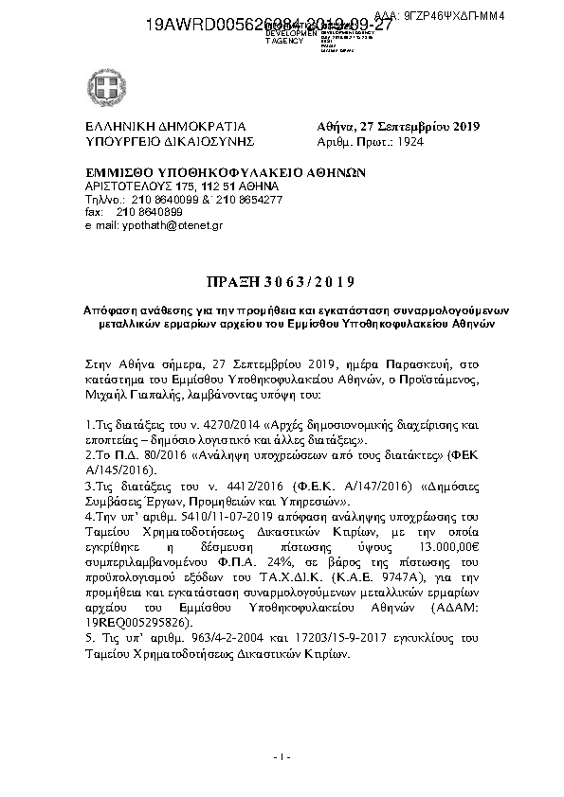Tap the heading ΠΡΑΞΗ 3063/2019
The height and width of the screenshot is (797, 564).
pyautogui.click(x=280, y=281)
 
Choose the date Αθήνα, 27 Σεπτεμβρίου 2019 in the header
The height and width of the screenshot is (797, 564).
pyautogui.click(x=398, y=127)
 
